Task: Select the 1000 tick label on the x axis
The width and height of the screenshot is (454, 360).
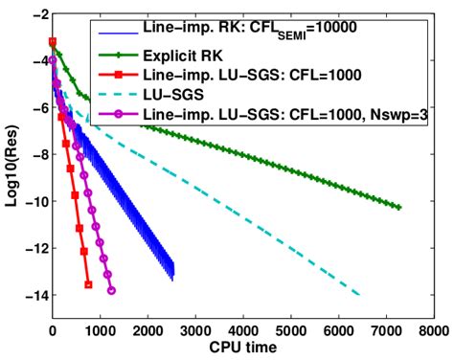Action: click(100, 329)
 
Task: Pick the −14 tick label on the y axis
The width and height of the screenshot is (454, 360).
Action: click(31, 297)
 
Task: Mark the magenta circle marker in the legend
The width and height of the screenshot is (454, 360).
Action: click(118, 115)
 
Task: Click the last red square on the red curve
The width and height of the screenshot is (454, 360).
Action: click(88, 284)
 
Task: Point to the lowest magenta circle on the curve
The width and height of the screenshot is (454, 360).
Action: click(112, 290)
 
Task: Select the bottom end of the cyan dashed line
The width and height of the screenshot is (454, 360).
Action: click(359, 295)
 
